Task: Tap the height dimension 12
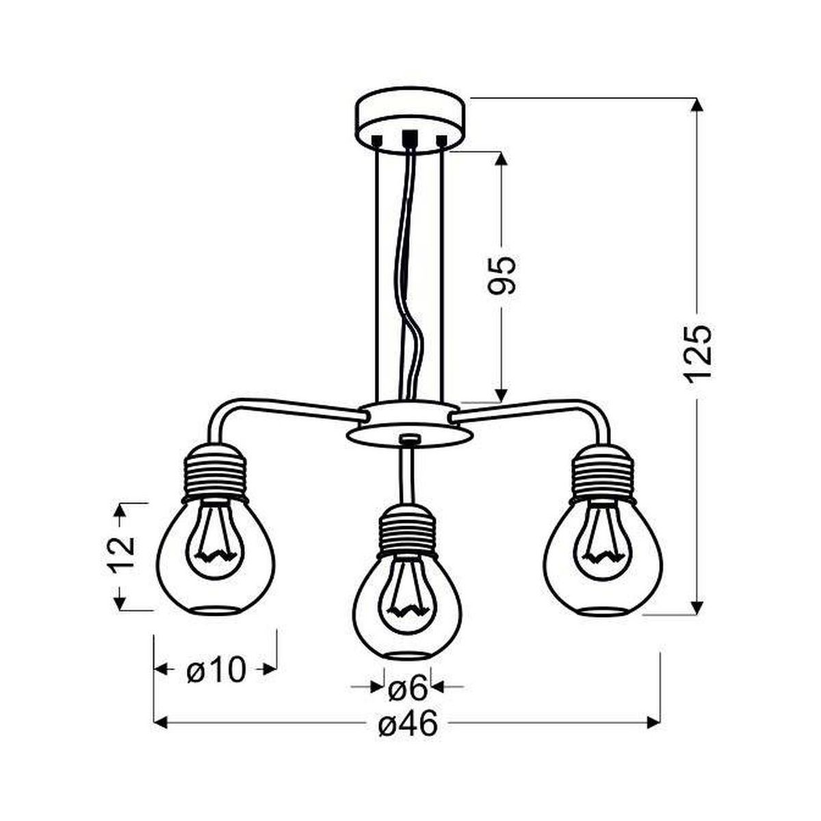click(x=121, y=556)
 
